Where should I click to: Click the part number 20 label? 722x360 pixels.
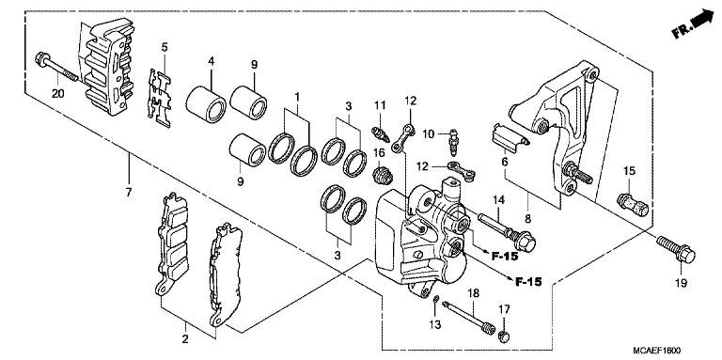57,94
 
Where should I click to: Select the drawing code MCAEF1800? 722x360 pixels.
656,351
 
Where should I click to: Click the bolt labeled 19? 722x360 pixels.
676,249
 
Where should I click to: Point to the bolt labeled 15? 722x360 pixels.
632,204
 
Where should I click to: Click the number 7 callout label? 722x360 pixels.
129,192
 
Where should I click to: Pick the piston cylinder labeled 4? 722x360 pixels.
206,103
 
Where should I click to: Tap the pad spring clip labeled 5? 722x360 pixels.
159,98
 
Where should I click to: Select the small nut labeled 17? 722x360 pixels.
505,337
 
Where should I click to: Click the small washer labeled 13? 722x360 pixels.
435,301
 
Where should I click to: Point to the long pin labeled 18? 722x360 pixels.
468,317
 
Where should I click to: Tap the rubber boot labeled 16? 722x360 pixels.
382,176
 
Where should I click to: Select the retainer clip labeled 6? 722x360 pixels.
510,138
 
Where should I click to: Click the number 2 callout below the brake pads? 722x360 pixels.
185,339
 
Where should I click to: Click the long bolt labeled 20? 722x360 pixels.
56,67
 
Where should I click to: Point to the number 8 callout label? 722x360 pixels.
527,219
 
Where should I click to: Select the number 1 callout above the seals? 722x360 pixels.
297,97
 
